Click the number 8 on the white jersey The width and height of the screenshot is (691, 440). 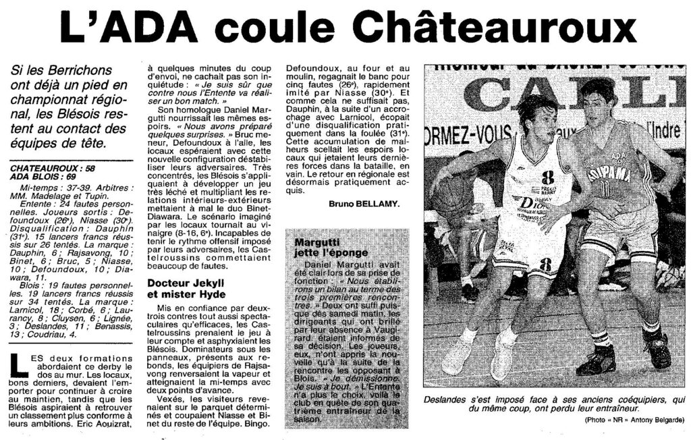click(547, 177)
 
